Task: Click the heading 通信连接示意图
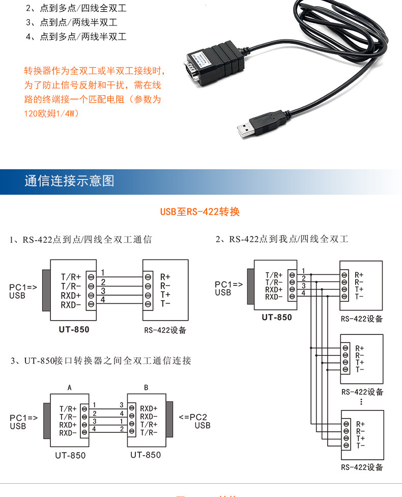(x=69, y=181)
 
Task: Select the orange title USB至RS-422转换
(x=200, y=212)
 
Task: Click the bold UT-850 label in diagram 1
(x=74, y=329)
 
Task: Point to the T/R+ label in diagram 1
(x=71, y=277)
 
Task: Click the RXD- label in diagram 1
(x=71, y=305)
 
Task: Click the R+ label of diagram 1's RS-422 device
(x=165, y=277)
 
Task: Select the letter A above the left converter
(x=70, y=387)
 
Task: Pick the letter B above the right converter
(x=146, y=387)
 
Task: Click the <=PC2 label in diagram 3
(x=193, y=417)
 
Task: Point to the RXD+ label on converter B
(x=149, y=408)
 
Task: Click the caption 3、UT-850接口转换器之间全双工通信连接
(x=101, y=361)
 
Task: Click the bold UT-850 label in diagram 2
(x=277, y=317)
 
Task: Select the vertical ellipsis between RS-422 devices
(x=361, y=402)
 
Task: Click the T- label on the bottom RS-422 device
(x=360, y=446)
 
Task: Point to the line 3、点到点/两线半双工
(x=72, y=22)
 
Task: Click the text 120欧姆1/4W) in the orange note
(x=52, y=113)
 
